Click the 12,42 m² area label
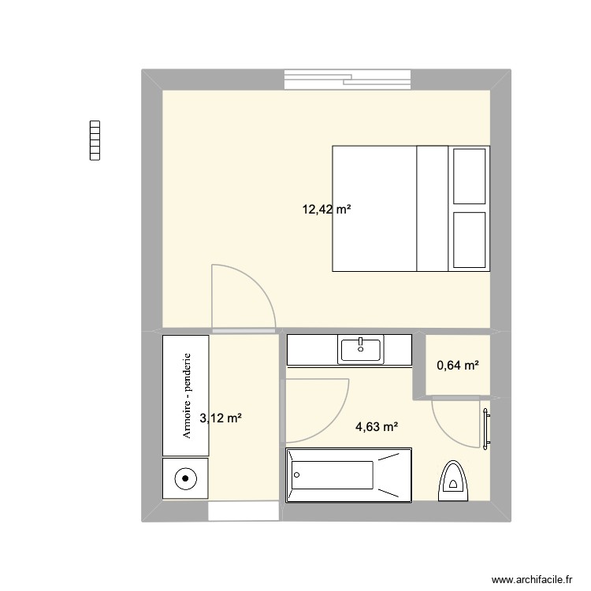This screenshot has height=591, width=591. tap(326, 210)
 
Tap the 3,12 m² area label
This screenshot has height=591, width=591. tap(221, 418)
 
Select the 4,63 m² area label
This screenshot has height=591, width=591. tap(377, 427)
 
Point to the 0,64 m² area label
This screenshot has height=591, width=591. tap(458, 365)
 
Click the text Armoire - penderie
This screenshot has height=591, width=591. tap(187, 395)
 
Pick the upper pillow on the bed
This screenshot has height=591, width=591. tap(469, 176)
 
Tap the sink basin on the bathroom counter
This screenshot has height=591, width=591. tap(360, 350)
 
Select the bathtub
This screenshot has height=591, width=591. tap(348, 474)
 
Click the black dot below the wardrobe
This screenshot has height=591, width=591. tap(186, 478)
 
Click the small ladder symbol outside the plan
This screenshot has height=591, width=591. tap(96, 141)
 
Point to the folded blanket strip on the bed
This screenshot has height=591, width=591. tap(432, 208)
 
